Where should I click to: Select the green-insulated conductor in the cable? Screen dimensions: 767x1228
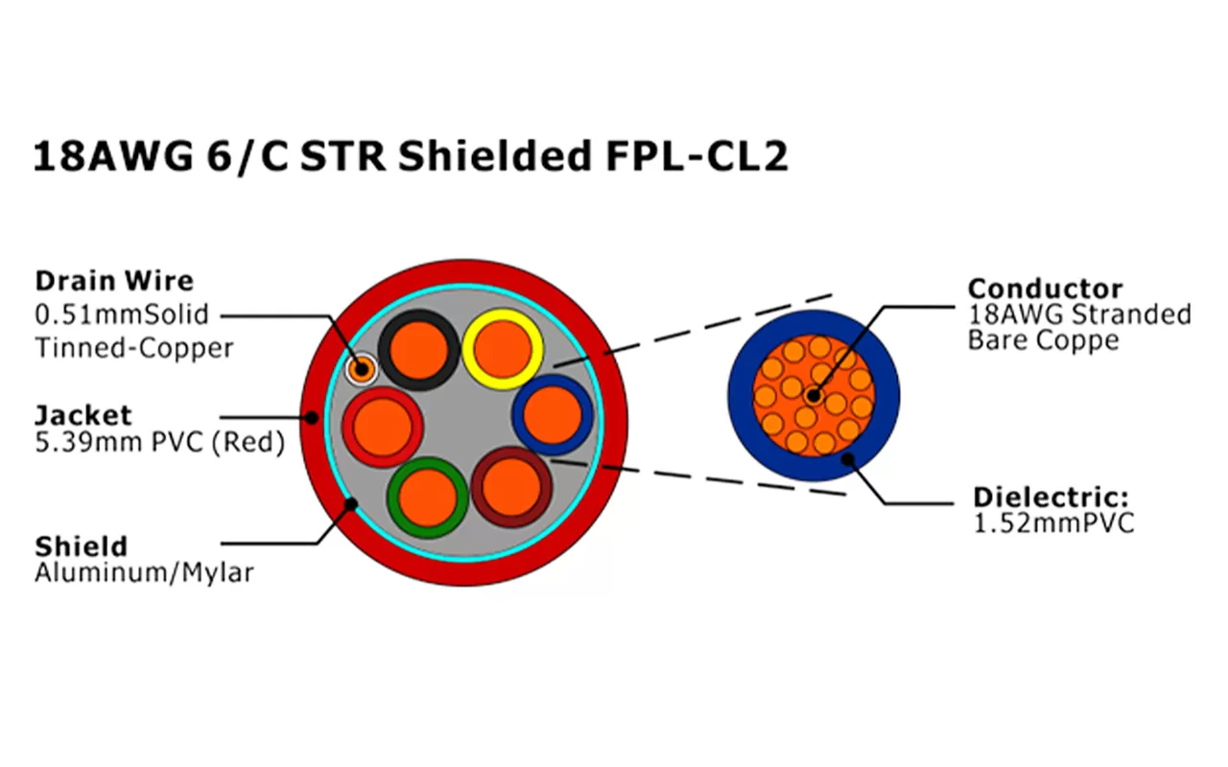click(x=428, y=497)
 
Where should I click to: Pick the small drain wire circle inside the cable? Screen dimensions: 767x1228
click(x=362, y=368)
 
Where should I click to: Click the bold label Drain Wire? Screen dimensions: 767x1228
click(x=114, y=281)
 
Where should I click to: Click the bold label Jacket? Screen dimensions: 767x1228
click(x=83, y=415)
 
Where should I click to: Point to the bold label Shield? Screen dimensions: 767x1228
click(x=81, y=546)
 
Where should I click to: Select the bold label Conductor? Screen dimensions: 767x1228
click(x=1045, y=289)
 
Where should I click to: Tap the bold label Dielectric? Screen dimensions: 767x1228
click(x=1051, y=498)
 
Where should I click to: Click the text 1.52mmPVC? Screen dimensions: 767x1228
click(x=1053, y=523)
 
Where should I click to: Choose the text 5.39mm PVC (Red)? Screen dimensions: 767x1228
click(x=159, y=443)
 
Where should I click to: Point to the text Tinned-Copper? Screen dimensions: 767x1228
click(x=134, y=347)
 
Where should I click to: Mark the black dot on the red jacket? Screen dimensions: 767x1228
click(x=313, y=417)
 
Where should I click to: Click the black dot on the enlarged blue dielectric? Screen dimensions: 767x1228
click(x=848, y=459)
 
